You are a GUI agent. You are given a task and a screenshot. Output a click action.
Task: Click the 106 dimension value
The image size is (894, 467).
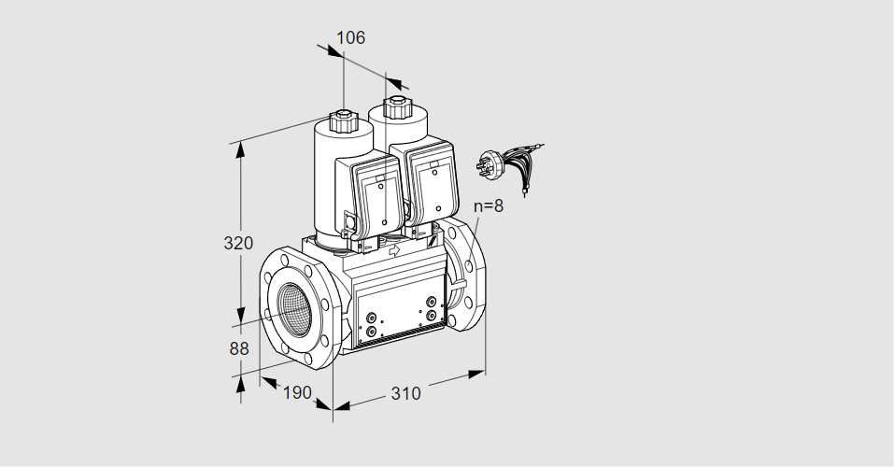(350, 37)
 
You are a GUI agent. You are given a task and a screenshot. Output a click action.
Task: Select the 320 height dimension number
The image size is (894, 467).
(238, 244)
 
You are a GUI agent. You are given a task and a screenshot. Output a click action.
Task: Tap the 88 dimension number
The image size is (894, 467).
(239, 348)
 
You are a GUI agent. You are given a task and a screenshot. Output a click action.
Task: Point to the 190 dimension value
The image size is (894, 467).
(298, 393)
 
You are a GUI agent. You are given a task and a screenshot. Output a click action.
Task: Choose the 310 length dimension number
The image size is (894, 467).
(406, 393)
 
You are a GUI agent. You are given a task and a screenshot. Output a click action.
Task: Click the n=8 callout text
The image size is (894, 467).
(489, 205)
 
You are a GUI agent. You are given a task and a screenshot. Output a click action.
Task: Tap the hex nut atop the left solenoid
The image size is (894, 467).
(343, 120)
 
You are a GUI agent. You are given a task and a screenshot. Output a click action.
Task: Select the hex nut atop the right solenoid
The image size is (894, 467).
(394, 106)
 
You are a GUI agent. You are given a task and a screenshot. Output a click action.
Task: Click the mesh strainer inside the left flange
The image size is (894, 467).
(296, 306)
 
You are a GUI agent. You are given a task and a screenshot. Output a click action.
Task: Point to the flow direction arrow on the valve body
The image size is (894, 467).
(394, 249)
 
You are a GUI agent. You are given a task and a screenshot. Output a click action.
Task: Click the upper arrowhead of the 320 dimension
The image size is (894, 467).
(240, 149)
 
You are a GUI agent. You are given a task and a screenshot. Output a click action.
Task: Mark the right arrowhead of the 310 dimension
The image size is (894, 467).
(476, 374)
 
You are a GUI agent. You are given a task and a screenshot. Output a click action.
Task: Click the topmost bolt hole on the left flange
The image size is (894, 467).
(285, 261)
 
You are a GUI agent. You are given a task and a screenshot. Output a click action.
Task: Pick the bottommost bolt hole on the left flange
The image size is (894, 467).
(308, 358)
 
